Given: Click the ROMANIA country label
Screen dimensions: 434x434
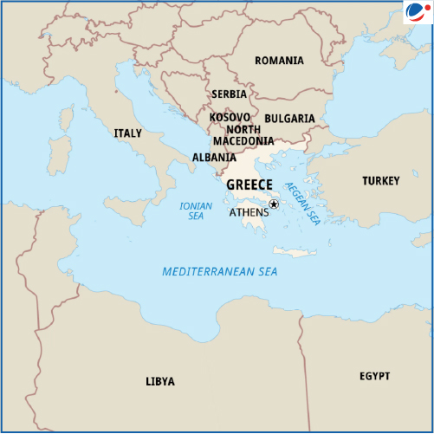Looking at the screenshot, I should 279,61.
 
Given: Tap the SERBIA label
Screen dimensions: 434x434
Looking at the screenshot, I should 229,94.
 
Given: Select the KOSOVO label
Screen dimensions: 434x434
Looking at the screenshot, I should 230,117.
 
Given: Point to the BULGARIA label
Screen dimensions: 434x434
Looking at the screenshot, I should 289,118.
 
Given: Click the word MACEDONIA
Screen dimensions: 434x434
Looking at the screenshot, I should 243,141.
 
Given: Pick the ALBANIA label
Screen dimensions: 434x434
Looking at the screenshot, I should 213,158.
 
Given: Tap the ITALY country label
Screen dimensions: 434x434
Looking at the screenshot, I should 127,133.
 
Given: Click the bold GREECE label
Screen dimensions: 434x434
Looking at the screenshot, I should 249,185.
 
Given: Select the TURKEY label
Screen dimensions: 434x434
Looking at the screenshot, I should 381,181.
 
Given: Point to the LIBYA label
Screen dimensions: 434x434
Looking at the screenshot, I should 159,381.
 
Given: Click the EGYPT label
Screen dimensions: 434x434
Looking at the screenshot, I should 374,376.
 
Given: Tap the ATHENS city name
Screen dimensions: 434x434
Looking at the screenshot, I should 249,212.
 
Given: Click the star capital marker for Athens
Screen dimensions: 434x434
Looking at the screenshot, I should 274,204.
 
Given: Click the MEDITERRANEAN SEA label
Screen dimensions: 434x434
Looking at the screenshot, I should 220,272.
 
